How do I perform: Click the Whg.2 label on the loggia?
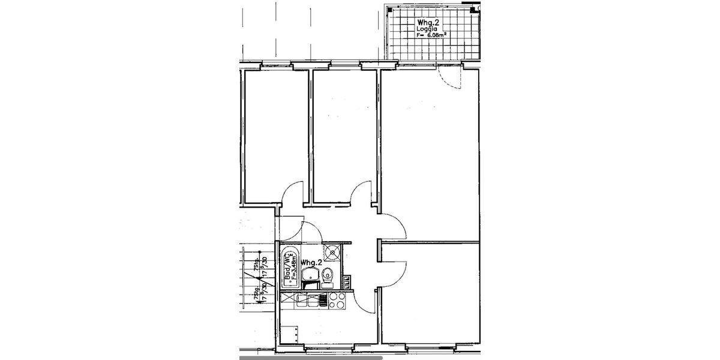[x=428, y=22]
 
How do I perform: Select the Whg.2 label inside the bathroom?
[x=312, y=263]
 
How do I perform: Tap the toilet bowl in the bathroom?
[x=328, y=276]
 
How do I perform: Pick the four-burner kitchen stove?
[x=337, y=299]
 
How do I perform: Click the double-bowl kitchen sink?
[x=311, y=299]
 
